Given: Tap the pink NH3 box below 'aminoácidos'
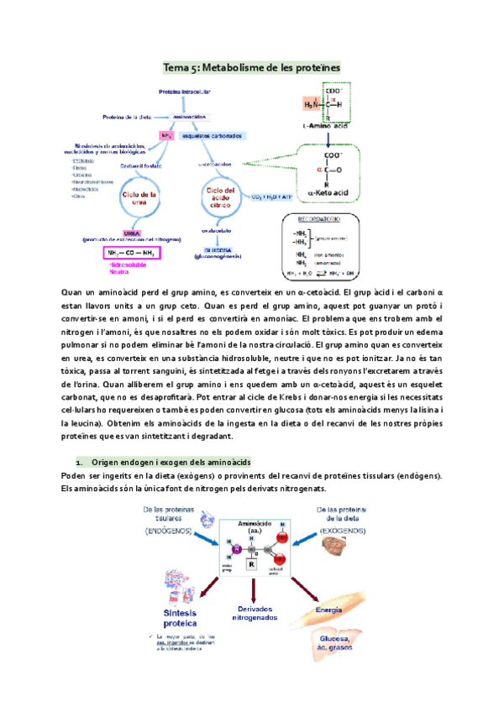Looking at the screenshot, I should (166, 134).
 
